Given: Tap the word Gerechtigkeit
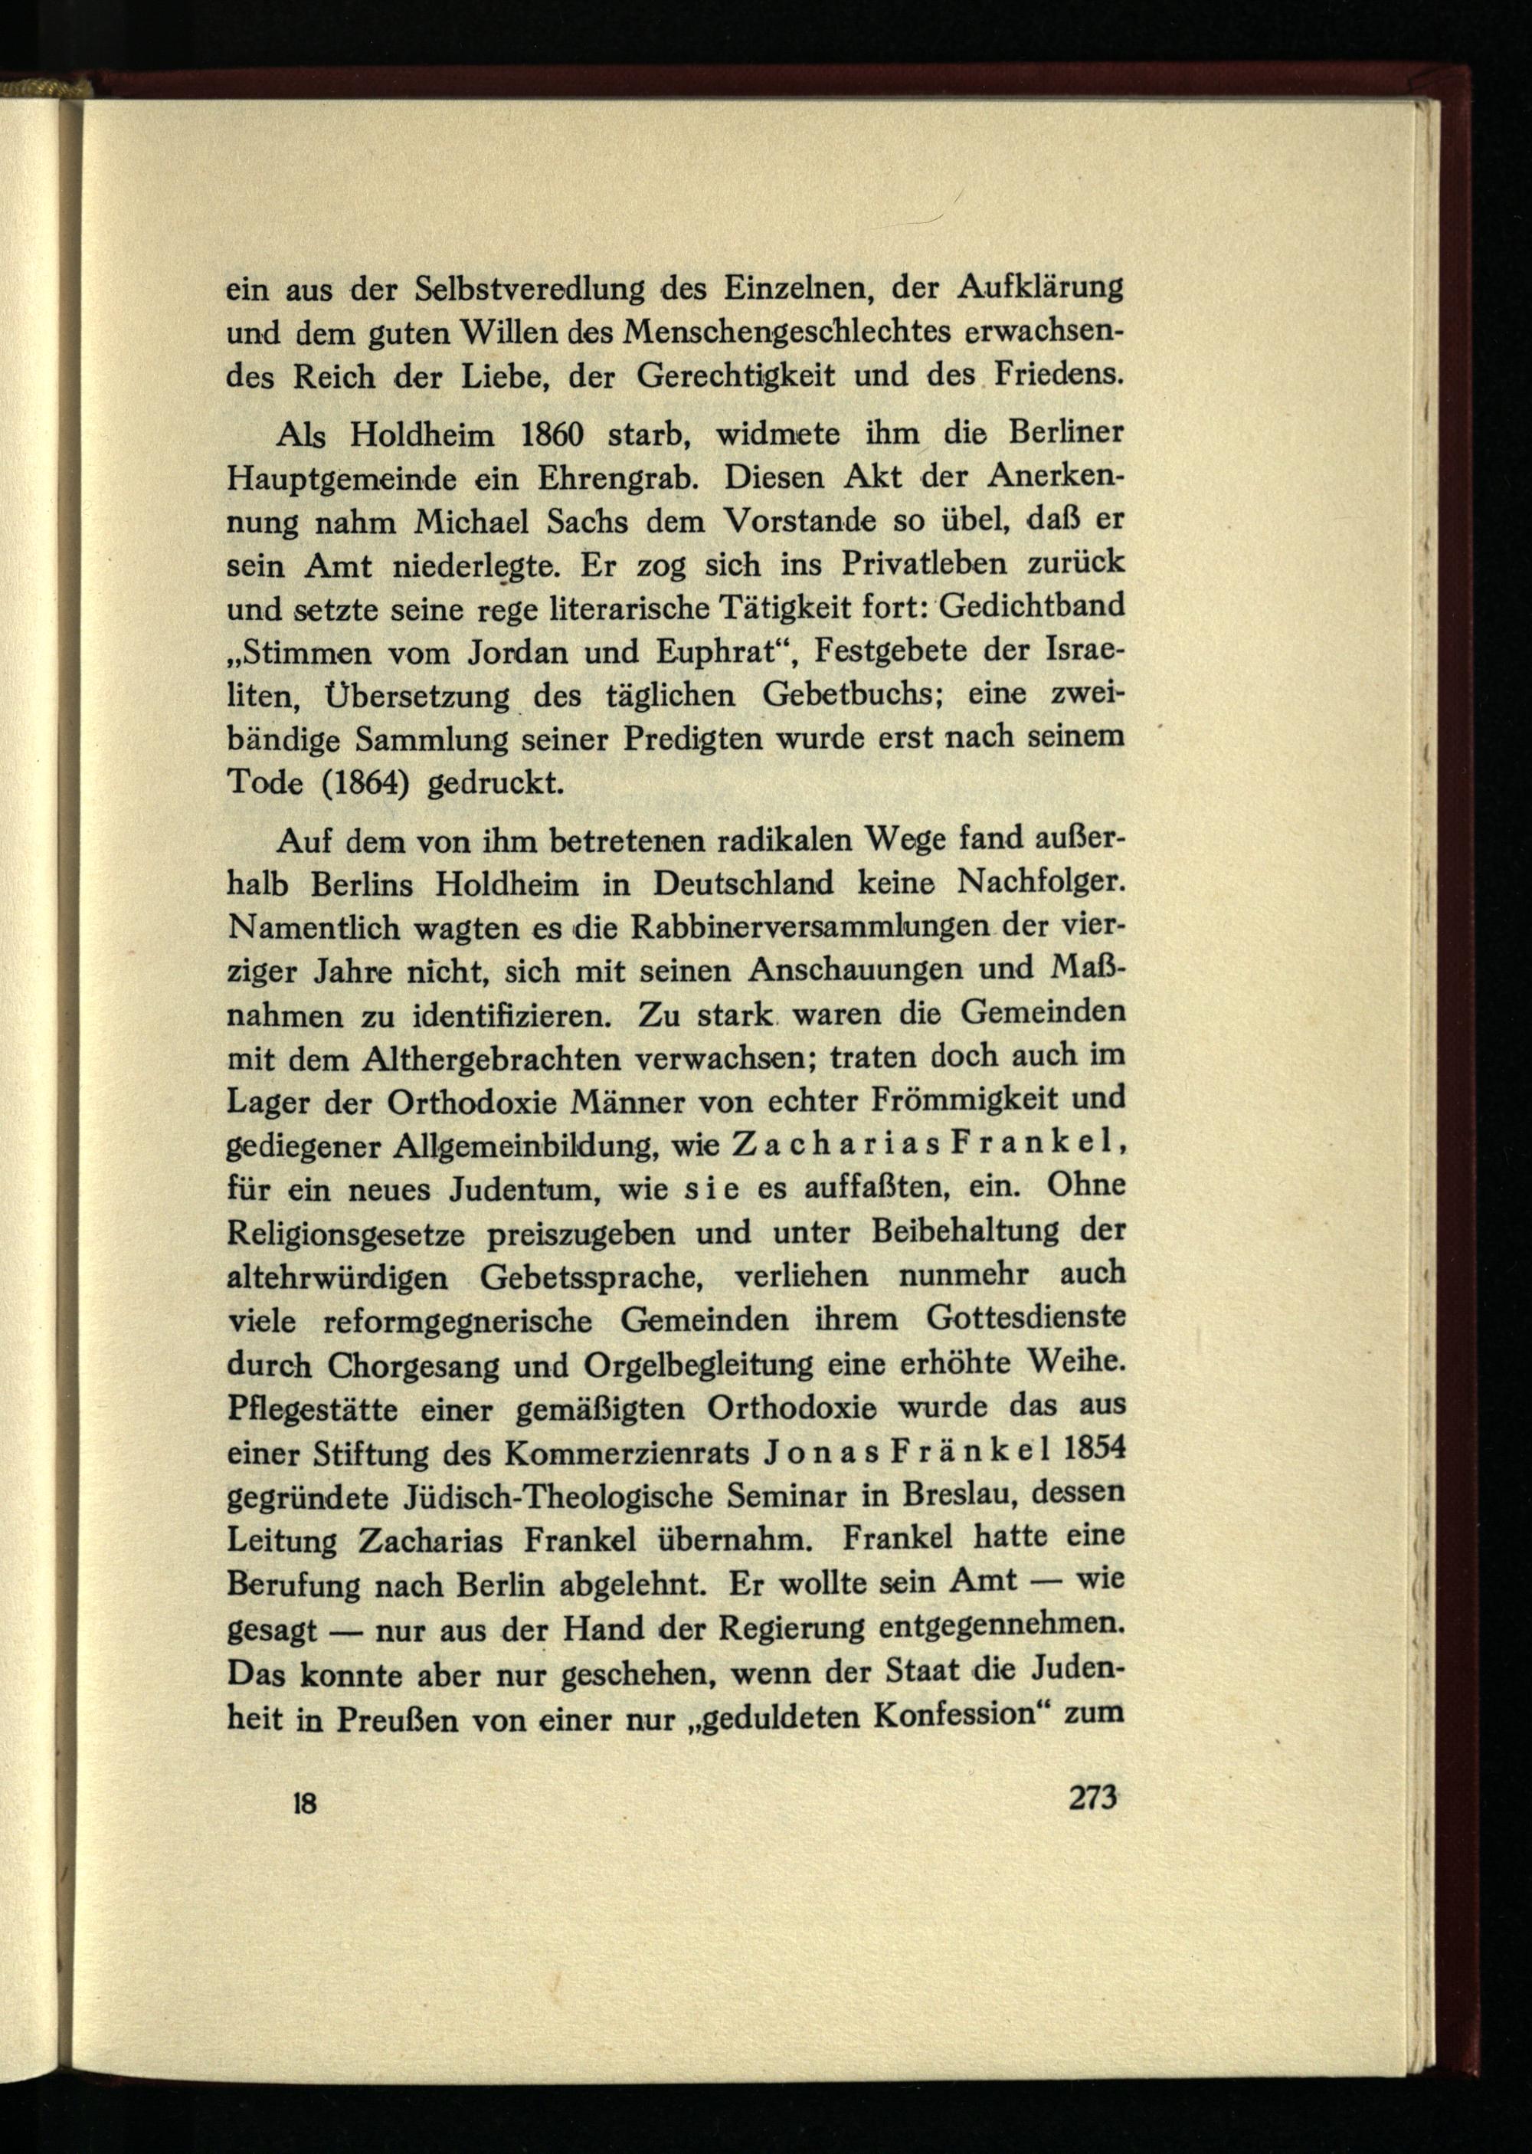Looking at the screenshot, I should pos(736,376).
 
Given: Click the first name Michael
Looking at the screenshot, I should pos(473,522).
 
